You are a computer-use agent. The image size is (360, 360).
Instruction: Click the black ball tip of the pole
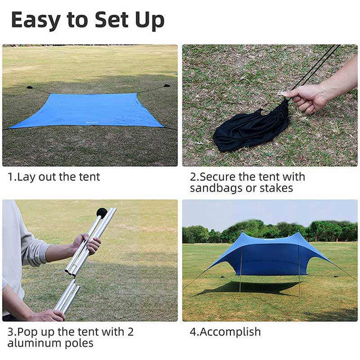click(x=102, y=212)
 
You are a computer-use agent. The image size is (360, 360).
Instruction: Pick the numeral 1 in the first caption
click(x=10, y=177)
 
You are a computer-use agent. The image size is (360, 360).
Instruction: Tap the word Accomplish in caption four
click(x=230, y=333)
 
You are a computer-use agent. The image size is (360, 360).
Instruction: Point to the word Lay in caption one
click(x=25, y=177)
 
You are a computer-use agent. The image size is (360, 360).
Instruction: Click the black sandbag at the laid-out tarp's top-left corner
click(x=30, y=87)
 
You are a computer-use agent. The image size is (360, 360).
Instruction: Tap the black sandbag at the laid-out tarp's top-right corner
click(x=167, y=85)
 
